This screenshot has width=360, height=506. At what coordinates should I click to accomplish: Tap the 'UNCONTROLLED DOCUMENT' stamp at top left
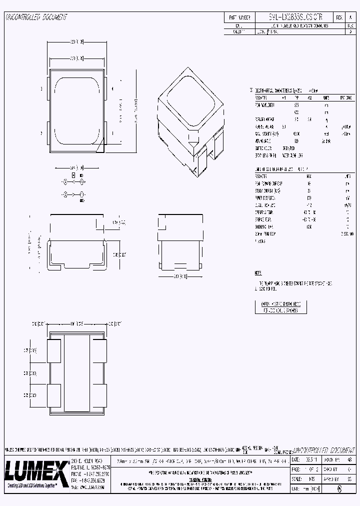36,17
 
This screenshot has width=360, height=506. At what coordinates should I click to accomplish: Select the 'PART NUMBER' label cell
239,16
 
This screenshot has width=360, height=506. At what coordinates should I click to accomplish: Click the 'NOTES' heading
258,273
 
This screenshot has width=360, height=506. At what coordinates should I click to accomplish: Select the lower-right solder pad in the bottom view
99,395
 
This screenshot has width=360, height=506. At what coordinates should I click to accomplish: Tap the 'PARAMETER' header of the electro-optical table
262,97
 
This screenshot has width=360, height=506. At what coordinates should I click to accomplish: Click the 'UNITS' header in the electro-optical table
325,97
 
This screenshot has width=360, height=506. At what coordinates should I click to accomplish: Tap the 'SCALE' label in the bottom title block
297,479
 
